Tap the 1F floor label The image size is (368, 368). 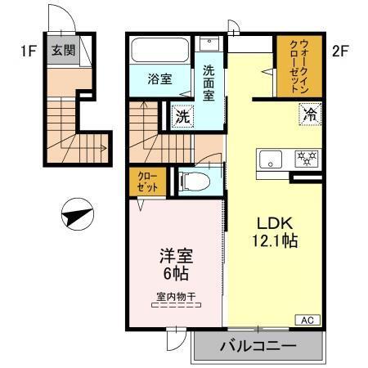pyautogui.click(x=28, y=51)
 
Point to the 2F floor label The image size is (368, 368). pyautogui.click(x=341, y=51)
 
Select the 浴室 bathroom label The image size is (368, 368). pyautogui.click(x=160, y=79)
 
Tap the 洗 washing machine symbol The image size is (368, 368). pyautogui.click(x=183, y=116)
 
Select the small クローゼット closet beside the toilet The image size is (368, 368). pyautogui.click(x=146, y=181)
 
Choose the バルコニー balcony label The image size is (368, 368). pyautogui.click(x=257, y=347)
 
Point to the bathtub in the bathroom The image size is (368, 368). pyautogui.click(x=160, y=50)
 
